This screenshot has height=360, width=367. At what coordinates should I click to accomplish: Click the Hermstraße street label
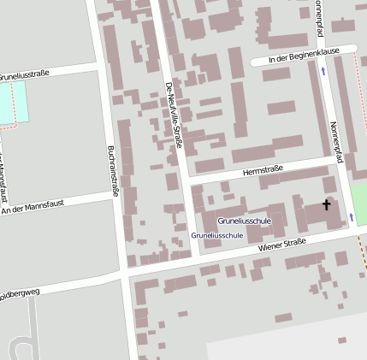[262, 172]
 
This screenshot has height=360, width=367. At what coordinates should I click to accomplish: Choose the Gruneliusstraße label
[23, 74]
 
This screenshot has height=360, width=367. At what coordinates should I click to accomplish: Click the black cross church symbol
[326, 205]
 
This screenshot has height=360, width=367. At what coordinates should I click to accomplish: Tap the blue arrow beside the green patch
[351, 218]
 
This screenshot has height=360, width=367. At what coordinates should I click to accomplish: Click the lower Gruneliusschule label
[216, 234]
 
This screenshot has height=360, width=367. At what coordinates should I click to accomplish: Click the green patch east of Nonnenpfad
[359, 205]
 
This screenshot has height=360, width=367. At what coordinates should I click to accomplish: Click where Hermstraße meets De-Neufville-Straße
[186, 180]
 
